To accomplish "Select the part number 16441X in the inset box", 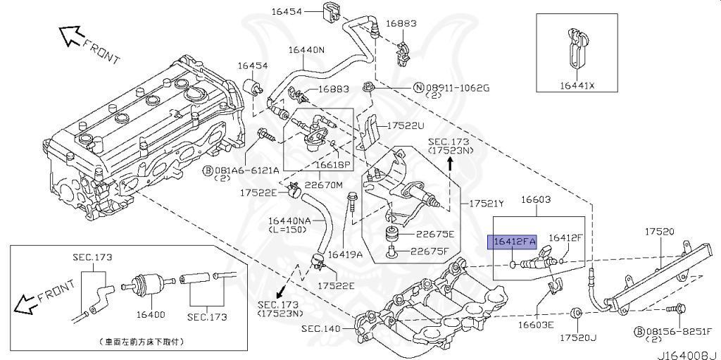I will coord(577,85).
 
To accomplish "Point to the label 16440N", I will coord(305,50).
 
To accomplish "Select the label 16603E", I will coord(536,324).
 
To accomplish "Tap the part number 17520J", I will coord(578,339).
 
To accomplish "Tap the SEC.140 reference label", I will coord(320,329).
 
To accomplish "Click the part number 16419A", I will coord(345,254).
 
